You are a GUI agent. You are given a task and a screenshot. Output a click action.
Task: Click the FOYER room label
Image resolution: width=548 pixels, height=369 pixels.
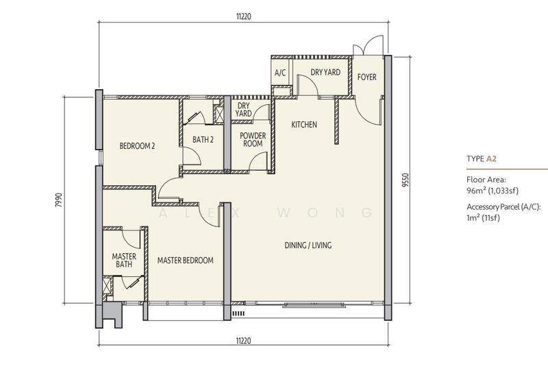[x=366, y=77]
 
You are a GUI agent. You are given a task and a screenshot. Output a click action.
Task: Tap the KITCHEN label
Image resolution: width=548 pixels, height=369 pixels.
[x=304, y=125]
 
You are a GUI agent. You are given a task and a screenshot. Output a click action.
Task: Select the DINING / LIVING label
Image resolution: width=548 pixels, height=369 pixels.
[x=308, y=245]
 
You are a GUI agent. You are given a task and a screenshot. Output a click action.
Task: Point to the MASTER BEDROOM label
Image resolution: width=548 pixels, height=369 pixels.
[x=185, y=261]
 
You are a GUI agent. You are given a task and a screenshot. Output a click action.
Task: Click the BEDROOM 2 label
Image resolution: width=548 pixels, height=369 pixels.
[x=137, y=146]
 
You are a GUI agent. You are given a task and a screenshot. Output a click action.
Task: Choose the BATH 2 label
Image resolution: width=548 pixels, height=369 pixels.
[x=203, y=140]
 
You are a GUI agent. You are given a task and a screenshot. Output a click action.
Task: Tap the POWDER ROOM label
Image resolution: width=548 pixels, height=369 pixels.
[x=253, y=139]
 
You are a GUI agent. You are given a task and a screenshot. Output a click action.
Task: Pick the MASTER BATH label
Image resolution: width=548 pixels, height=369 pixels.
[x=124, y=260]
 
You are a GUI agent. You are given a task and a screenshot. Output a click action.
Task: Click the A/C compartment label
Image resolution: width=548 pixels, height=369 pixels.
[x=280, y=73]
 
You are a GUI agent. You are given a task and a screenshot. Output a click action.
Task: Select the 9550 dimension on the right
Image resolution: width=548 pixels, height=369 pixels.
[x=405, y=180]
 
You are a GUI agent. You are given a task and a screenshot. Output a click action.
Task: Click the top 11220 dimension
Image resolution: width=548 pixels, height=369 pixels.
[x=244, y=16]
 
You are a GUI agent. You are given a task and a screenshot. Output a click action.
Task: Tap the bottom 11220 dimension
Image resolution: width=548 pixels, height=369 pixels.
[x=244, y=341]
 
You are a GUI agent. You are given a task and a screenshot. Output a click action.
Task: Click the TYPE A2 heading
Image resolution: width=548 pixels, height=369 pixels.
[x=482, y=158]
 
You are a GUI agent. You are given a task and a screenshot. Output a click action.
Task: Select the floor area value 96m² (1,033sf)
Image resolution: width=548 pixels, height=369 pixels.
[x=493, y=191]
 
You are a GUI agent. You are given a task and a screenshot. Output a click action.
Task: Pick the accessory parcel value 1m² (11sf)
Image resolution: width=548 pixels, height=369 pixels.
[x=484, y=217]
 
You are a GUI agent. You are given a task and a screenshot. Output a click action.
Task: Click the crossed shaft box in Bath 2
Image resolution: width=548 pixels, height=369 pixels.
[x=219, y=115]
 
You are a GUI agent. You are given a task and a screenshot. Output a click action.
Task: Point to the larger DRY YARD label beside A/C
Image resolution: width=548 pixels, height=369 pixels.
[x=325, y=72]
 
